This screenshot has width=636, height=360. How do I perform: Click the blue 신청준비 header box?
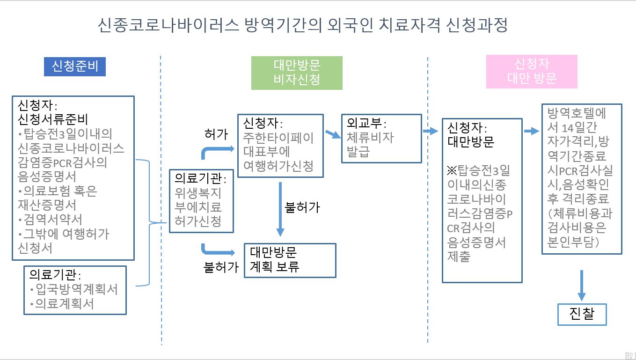(75, 66)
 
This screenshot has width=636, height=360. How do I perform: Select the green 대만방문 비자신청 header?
(297, 73)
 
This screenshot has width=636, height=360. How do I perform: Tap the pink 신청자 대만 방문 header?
(531, 71)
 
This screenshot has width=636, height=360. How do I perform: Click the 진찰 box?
(582, 314)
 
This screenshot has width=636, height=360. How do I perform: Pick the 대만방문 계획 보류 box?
(290, 260)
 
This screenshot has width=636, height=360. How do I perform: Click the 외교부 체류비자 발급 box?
(381, 138)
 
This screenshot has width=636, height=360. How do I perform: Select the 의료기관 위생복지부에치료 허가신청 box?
(201, 201)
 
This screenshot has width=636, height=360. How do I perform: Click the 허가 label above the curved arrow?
(216, 134)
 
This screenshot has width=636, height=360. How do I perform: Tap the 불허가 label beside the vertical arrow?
(302, 207)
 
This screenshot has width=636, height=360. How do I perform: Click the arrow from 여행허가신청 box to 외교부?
(333, 134)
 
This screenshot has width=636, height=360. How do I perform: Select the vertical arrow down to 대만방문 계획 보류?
(280, 209)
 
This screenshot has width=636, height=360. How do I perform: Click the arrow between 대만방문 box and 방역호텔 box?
(531, 132)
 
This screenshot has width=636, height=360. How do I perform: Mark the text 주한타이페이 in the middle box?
(278, 138)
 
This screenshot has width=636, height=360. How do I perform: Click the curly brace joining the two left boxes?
(149, 223)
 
